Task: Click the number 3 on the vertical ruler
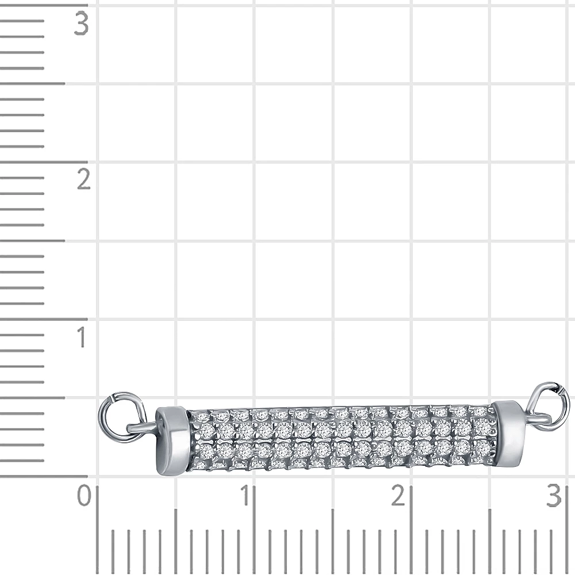(x=82, y=24)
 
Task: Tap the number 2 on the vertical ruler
(x=84, y=179)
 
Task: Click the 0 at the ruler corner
(x=84, y=495)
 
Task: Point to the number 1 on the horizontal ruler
(x=246, y=495)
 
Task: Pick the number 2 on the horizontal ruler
(x=398, y=495)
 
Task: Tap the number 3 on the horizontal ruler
(x=554, y=495)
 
